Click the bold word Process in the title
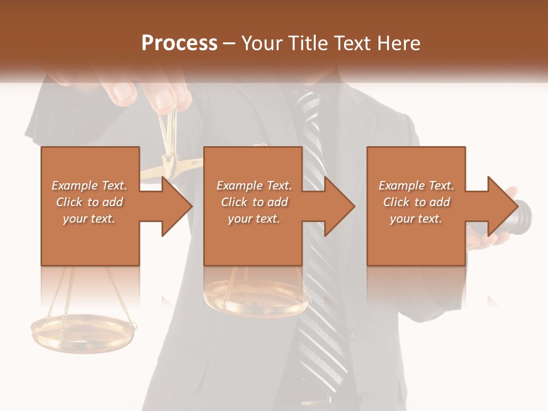pyautogui.click(x=179, y=43)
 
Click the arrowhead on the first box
pyautogui.click(x=176, y=206)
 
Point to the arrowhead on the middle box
pyautogui.click(x=339, y=206)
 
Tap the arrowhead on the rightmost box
pyautogui.click(x=502, y=206)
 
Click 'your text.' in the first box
pyautogui.click(x=89, y=219)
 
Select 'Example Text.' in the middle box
pyautogui.click(x=254, y=186)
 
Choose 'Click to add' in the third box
pyautogui.click(x=416, y=202)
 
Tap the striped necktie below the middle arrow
pyautogui.click(x=325, y=320)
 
